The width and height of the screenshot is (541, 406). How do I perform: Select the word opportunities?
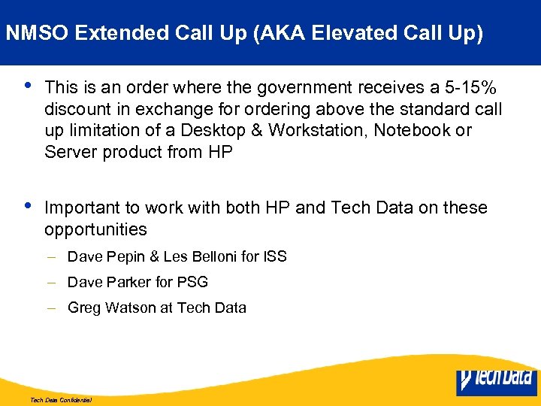pos(95,229)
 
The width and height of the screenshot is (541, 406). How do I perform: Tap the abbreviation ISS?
pos(274,257)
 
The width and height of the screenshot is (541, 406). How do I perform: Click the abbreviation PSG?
pos(193,282)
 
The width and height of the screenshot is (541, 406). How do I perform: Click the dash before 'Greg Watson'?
pos(53,308)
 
